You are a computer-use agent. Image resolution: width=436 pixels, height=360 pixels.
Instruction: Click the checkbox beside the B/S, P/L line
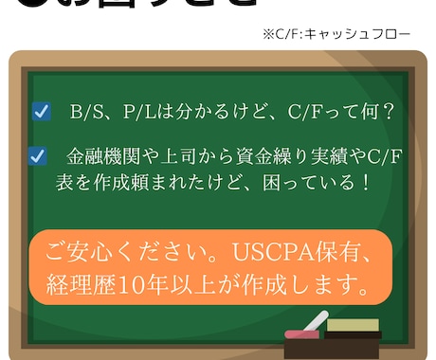point(42,112)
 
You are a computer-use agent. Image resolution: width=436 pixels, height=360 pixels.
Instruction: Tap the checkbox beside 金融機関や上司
point(39,155)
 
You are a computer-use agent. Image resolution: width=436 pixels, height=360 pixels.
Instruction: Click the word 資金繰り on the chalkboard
point(268,155)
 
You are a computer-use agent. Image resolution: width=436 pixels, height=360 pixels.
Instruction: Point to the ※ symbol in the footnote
point(268,34)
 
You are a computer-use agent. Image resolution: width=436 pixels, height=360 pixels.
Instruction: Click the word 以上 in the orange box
point(213,283)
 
